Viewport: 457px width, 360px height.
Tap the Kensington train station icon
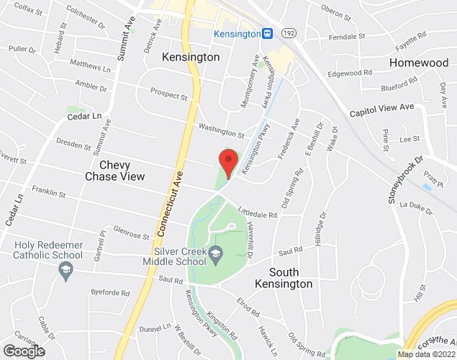[x=267, y=34]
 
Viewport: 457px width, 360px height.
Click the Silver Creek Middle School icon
[x=215, y=253]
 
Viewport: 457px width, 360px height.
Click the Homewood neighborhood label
[x=418, y=63]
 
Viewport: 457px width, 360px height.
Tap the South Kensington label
[x=291, y=278]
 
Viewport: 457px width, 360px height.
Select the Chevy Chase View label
[x=114, y=171]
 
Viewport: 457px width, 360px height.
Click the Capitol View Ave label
[x=382, y=109]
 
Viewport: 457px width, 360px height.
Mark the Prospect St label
[x=168, y=94]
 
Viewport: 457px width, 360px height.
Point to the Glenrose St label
[x=130, y=235]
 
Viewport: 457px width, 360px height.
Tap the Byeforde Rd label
[x=110, y=293]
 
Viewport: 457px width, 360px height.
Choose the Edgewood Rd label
[x=349, y=73]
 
